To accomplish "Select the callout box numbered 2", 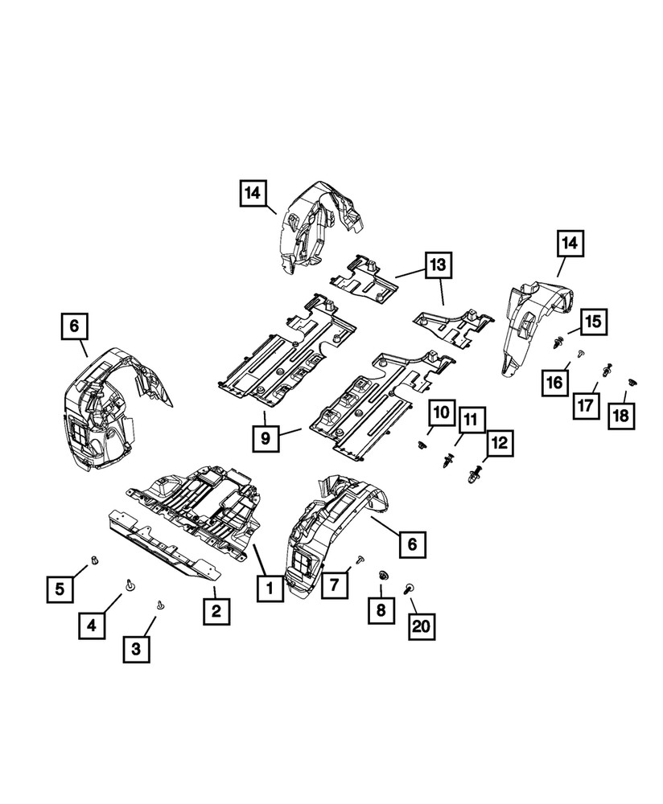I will tap(216, 612).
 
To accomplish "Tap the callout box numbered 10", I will tap(441, 412).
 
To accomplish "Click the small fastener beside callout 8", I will tap(383, 575).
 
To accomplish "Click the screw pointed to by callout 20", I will tap(410, 589).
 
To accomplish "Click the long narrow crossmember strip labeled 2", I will tap(161, 547).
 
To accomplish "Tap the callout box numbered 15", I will tap(593, 323).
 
